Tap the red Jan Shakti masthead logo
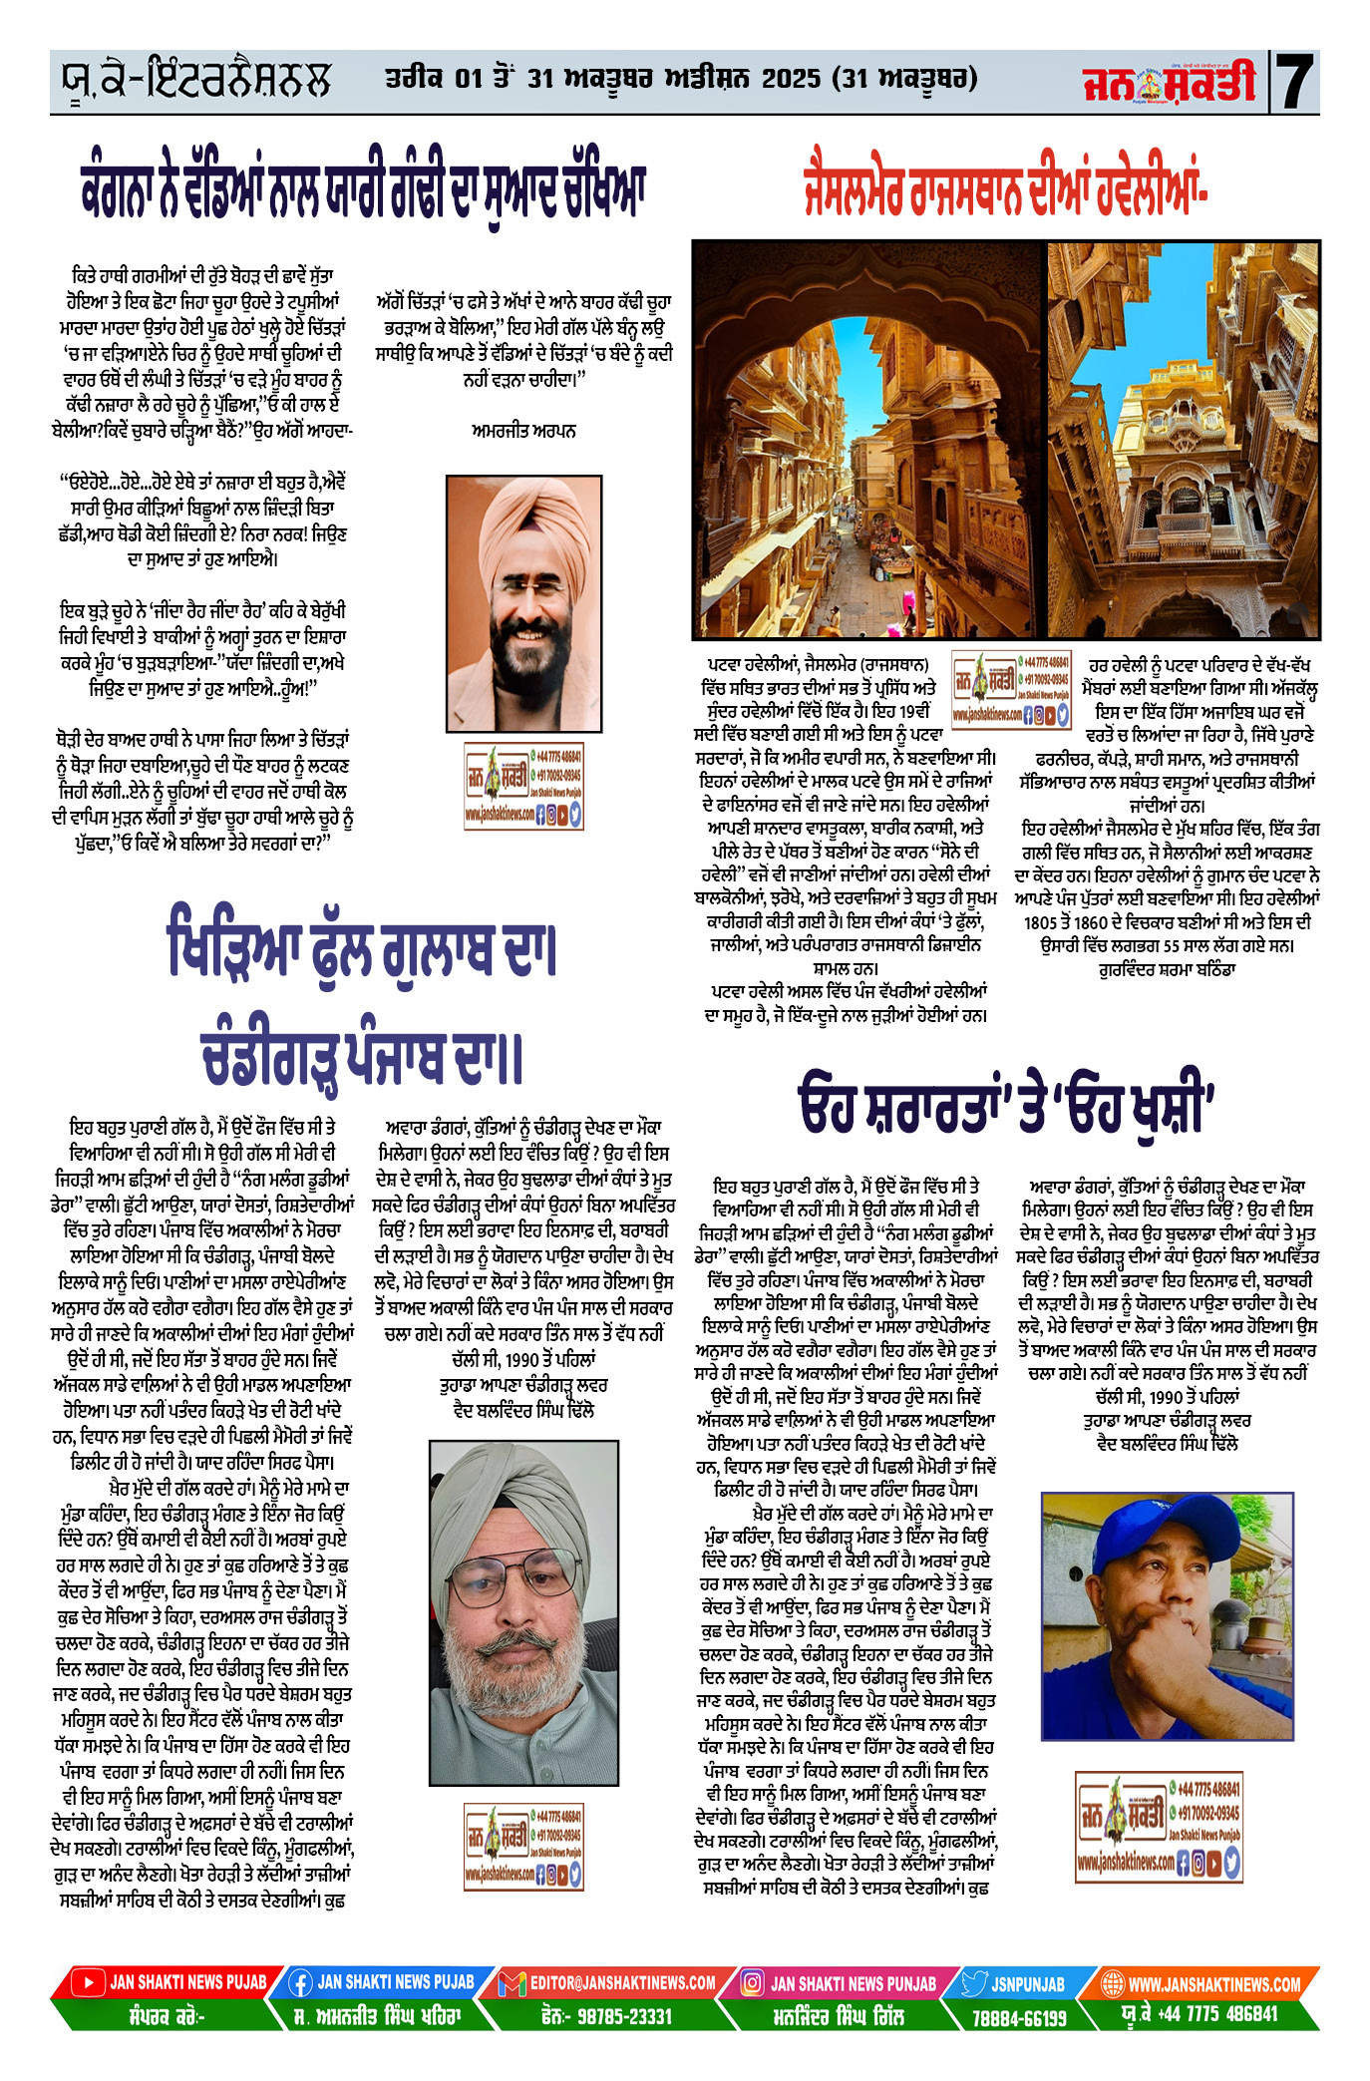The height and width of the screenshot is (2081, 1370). [x=1170, y=83]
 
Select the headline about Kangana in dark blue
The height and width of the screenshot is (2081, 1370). [x=364, y=190]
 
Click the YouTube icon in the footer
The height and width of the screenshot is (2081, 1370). [x=88, y=1982]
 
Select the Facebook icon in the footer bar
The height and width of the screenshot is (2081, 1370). [x=299, y=1983]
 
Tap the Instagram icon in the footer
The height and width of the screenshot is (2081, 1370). [x=754, y=1983]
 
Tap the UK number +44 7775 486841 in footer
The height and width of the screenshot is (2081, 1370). [x=1216, y=2014]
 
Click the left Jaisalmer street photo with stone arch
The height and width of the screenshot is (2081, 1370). [x=868, y=439]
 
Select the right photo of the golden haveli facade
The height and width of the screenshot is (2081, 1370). [x=1184, y=439]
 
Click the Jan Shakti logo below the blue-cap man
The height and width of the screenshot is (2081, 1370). [x=1159, y=1826]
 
